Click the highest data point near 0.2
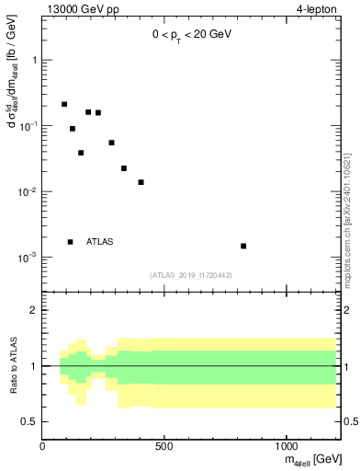[x=64, y=105]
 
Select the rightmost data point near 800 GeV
[x=243, y=246]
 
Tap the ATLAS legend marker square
[x=71, y=242]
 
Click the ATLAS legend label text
[x=99, y=242]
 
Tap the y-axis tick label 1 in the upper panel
[x=35, y=60]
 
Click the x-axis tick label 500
[x=164, y=447]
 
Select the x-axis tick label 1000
[x=287, y=447]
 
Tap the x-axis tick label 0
[x=43, y=447]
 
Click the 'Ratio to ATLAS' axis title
[x=12, y=366]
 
